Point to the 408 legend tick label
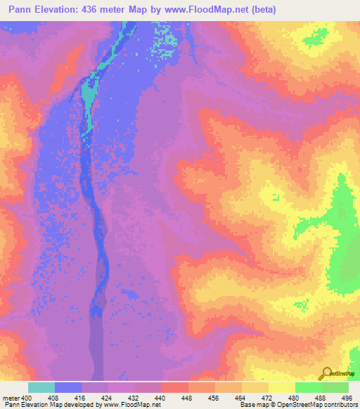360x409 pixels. click(x=53, y=398)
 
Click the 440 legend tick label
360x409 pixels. click(x=160, y=398)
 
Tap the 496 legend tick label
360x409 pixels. click(x=347, y=398)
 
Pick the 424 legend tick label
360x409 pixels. click(x=107, y=398)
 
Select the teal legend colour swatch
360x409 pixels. click(x=41, y=387)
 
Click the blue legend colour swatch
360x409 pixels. click(x=68, y=387)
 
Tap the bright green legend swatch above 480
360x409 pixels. click(x=308, y=387)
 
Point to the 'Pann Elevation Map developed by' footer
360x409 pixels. click(x=49, y=405)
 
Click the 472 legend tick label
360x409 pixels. click(x=268, y=398)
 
